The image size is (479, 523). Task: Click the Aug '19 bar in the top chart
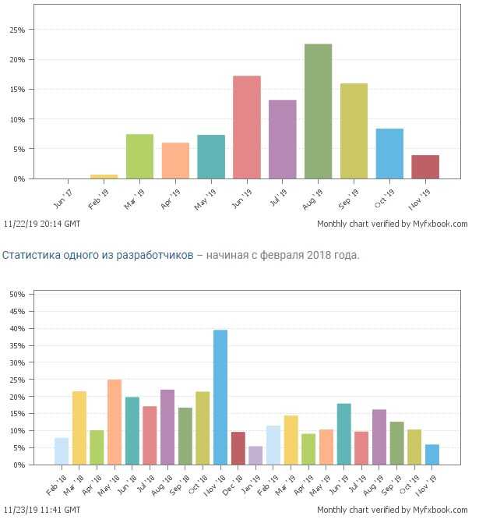pyautogui.click(x=318, y=111)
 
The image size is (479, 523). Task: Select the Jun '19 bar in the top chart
pyautogui.click(x=246, y=127)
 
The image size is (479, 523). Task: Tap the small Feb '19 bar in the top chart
pyautogui.click(x=104, y=176)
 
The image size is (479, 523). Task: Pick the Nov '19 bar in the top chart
pyautogui.click(x=425, y=167)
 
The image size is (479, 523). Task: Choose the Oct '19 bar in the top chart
pyautogui.click(x=389, y=154)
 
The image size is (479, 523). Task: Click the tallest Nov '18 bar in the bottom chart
pyautogui.click(x=220, y=397)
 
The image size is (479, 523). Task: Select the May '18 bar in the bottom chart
pyautogui.click(x=114, y=422)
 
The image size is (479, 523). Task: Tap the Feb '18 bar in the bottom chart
pyautogui.click(x=62, y=451)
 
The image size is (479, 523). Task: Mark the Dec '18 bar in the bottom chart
pyautogui.click(x=238, y=448)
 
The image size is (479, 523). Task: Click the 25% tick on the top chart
pyautogui.click(x=16, y=30)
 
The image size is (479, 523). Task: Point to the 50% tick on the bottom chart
pyautogui.click(x=16, y=295)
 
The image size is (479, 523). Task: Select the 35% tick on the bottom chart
pyautogui.click(x=16, y=345)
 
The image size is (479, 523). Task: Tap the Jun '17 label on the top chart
pyautogui.click(x=64, y=189)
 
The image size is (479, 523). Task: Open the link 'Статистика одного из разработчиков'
pyautogui.click(x=97, y=255)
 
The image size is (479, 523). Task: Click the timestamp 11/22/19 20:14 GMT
pyautogui.click(x=41, y=224)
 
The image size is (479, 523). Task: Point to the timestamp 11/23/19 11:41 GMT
pyautogui.click(x=41, y=511)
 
